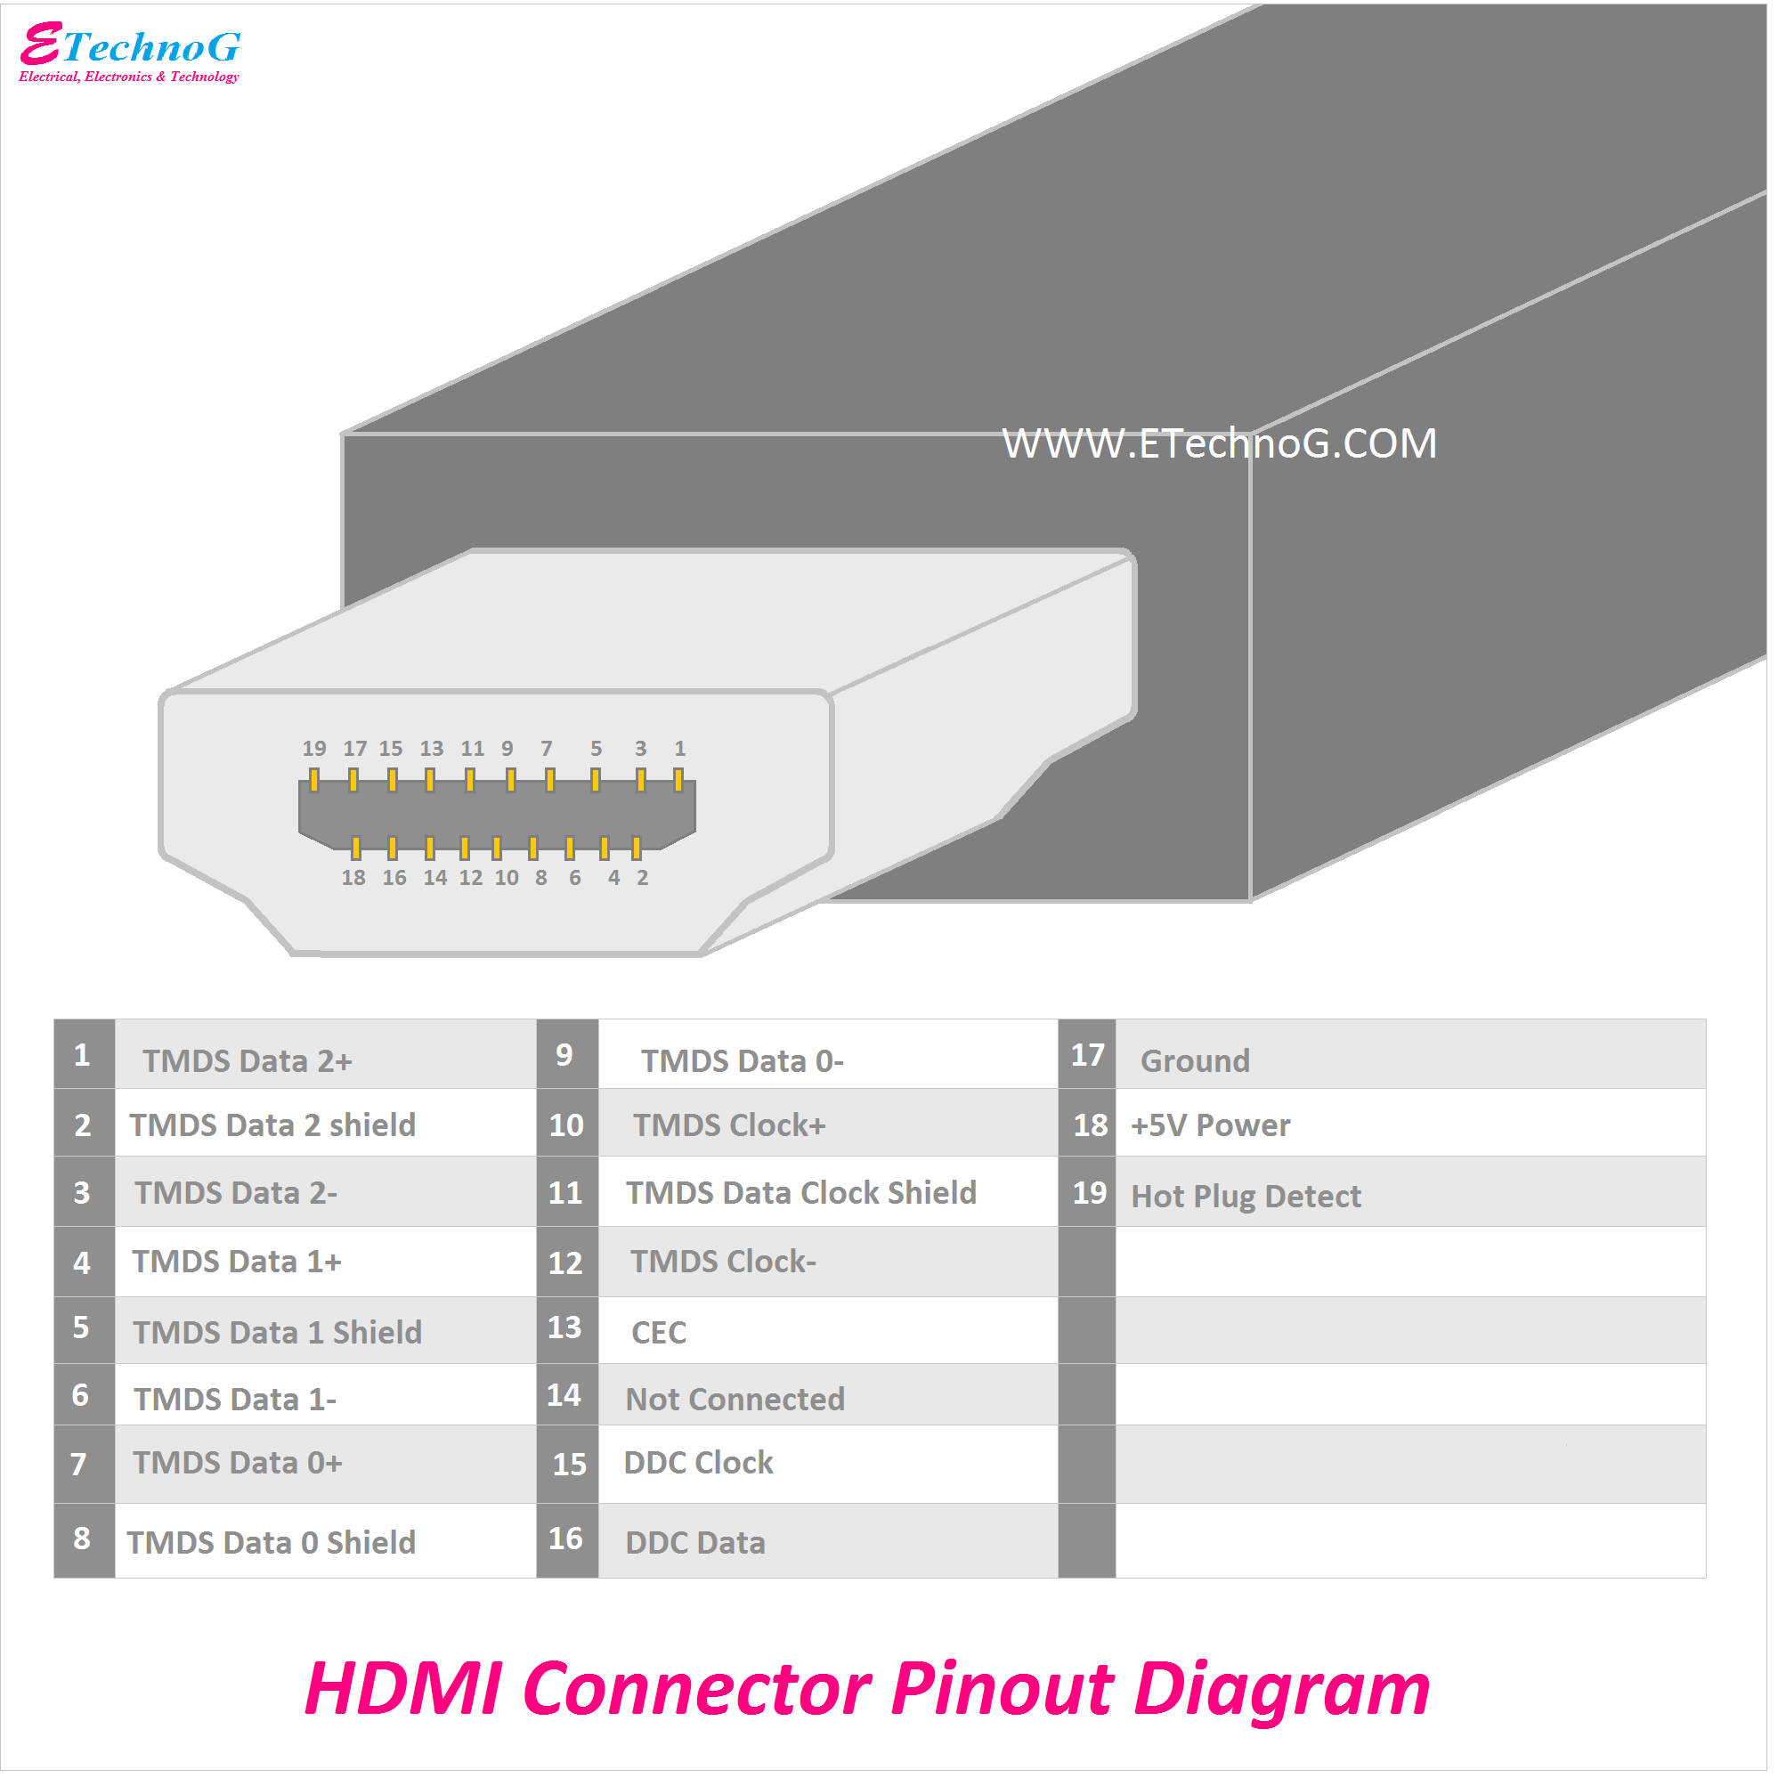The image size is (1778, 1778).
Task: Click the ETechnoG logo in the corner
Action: point(129,52)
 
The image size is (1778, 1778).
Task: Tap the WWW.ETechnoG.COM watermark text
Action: point(1219,443)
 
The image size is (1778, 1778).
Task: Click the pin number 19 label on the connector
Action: point(313,749)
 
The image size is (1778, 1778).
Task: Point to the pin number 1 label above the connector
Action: point(680,749)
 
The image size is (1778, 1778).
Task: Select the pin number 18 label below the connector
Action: point(353,878)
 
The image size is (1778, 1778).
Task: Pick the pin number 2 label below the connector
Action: point(642,878)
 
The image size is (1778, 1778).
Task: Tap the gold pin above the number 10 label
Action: point(497,848)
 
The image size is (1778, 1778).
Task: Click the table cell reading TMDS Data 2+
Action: point(248,1061)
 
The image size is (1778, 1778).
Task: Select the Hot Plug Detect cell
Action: point(1246,1197)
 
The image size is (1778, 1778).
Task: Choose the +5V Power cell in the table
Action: point(1210,1125)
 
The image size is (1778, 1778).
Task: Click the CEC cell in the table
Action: point(659,1333)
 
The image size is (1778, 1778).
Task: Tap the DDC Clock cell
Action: point(699,1463)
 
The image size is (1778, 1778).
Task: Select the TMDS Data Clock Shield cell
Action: point(800,1193)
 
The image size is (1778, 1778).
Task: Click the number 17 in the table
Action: point(1087,1056)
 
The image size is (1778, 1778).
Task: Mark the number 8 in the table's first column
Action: point(82,1538)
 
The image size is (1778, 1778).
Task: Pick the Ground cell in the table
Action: point(1195,1061)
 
